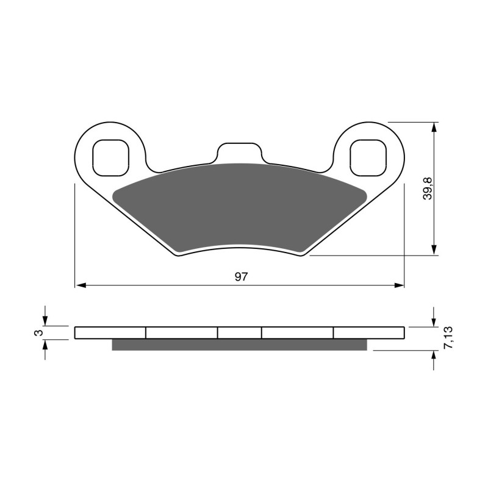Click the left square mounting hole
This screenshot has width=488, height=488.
[110, 157]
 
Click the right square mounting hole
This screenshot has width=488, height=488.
[368, 157]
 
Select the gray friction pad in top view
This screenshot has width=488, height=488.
[240, 207]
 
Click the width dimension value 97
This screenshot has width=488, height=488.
[241, 276]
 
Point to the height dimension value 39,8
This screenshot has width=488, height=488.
[428, 188]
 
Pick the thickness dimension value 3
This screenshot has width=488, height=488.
[38, 332]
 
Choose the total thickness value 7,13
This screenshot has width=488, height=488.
[448, 337]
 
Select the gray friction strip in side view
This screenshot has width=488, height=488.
[240, 345]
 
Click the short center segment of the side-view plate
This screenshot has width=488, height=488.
[240, 332]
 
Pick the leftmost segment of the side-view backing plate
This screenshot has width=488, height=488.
[110, 332]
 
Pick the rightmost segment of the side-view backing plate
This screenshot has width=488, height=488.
[368, 332]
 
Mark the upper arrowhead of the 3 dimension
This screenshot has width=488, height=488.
[45, 321]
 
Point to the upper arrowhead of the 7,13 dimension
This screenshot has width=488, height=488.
[434, 321]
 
